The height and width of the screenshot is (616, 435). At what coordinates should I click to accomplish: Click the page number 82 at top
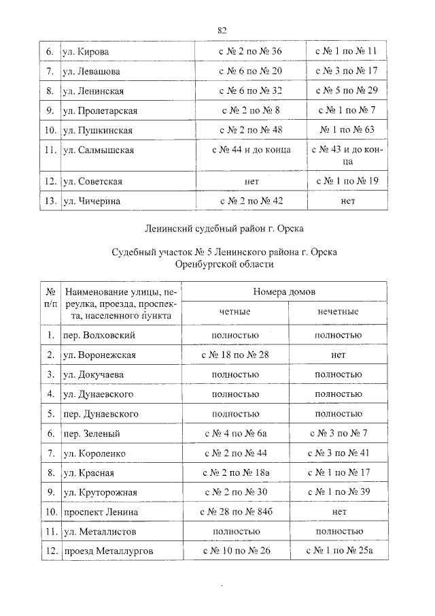pyautogui.click(x=222, y=30)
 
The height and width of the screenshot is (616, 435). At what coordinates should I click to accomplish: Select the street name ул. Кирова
pyautogui.click(x=86, y=52)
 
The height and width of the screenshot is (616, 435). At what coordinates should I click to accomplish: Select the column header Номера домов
pyautogui.click(x=284, y=291)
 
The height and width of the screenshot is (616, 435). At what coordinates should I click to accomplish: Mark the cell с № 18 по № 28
pyautogui.click(x=235, y=355)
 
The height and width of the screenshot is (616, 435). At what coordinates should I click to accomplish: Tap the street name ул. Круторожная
pyautogui.click(x=101, y=492)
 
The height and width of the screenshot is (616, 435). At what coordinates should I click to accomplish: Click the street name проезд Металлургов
pyautogui.click(x=108, y=551)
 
